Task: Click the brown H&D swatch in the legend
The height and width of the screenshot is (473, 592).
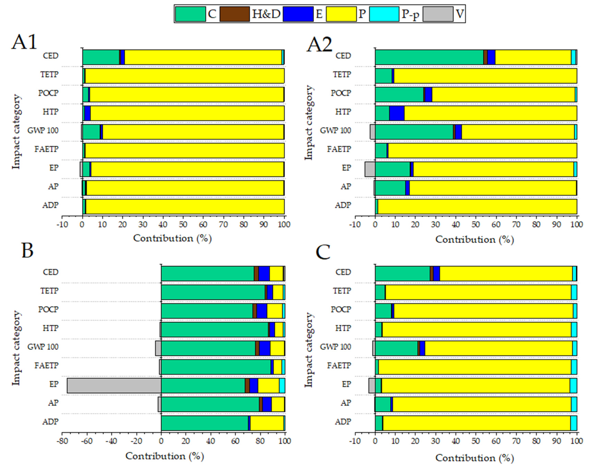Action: (234, 14)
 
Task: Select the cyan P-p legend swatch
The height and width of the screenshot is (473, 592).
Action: (384, 14)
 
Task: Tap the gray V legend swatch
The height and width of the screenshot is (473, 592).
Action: (438, 14)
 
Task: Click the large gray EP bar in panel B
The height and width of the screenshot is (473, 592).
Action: (114, 385)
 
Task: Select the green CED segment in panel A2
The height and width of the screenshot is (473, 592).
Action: (429, 57)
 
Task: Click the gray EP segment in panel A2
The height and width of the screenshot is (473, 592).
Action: (370, 169)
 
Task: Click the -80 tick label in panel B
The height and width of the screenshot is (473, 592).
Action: (62, 441)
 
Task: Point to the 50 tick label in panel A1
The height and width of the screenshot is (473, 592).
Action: (183, 224)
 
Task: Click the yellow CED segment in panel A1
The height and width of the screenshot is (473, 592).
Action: (203, 57)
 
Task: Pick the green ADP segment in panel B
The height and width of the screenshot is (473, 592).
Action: (205, 423)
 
